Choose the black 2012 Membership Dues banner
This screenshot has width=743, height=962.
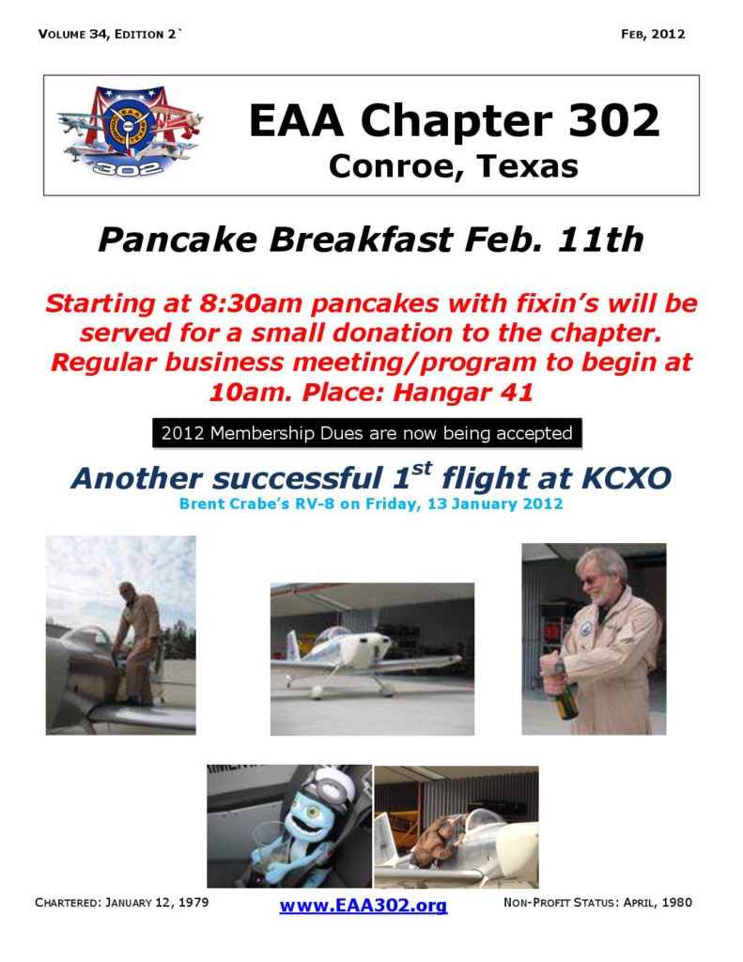point(366,433)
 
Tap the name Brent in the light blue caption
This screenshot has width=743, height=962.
point(201,504)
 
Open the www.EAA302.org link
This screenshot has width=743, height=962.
point(363,906)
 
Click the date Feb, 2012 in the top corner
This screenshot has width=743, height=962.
point(653,35)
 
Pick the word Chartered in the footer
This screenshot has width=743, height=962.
point(68,903)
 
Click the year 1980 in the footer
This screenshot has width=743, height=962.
point(674,903)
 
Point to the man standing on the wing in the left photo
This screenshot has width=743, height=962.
point(133,639)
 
